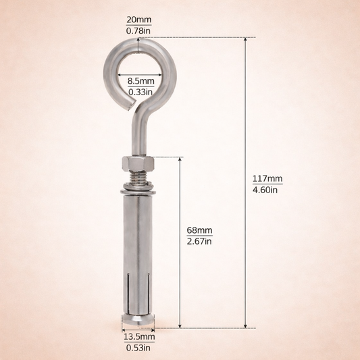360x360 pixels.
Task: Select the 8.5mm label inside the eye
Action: pyautogui.click(x=141, y=81)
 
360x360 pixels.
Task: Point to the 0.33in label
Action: pyautogui.click(x=141, y=92)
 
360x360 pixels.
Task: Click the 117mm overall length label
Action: pyautogui.click(x=267, y=178)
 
